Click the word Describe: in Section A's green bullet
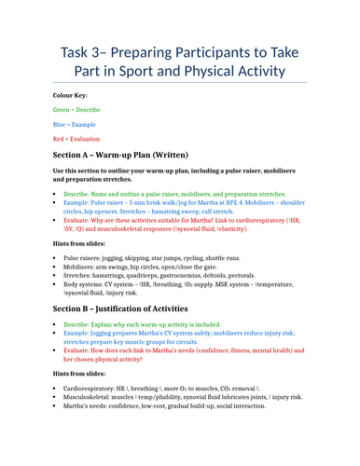tap(77, 193)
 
